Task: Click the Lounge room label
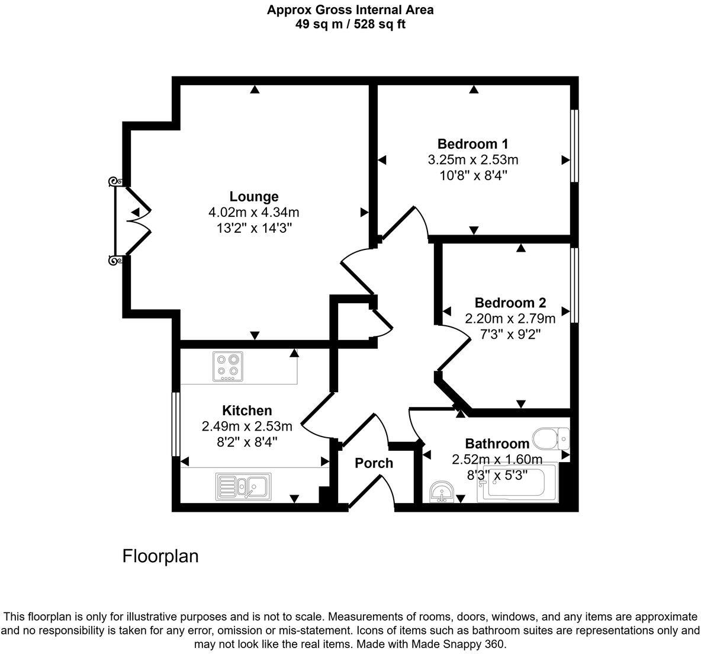click(x=254, y=197)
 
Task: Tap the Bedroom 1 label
click(x=472, y=144)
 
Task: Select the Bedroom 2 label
click(x=510, y=303)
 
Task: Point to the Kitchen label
click(x=247, y=411)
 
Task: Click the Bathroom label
click(x=497, y=444)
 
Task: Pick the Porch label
click(x=374, y=463)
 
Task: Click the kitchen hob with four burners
click(x=229, y=366)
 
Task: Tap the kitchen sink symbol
click(x=243, y=485)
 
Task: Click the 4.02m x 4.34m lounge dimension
click(x=254, y=213)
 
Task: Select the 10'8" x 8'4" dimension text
click(x=472, y=176)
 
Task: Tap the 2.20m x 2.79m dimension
click(x=510, y=319)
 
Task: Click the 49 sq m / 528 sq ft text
click(x=350, y=24)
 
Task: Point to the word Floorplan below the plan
click(x=160, y=556)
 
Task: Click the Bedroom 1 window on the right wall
click(x=574, y=146)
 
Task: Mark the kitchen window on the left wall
click(x=175, y=424)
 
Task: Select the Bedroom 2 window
click(x=574, y=285)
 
